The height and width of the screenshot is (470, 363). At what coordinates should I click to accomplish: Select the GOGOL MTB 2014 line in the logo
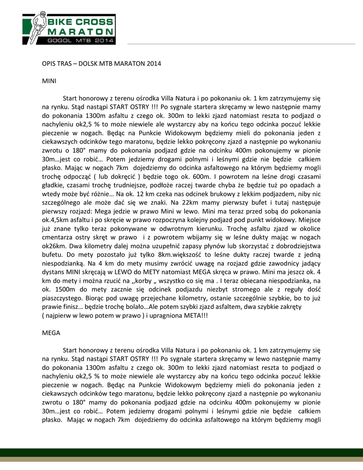[80, 40]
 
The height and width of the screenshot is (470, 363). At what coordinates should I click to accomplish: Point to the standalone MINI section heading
[49, 80]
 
